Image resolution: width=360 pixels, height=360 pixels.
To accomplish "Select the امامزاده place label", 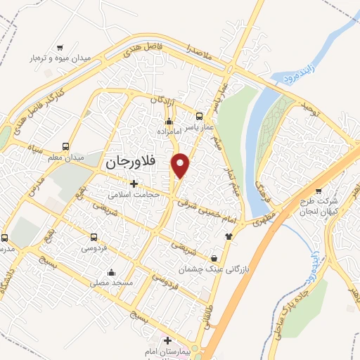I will point(169,131).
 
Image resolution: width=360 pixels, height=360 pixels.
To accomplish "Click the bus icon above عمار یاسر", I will point(199,117).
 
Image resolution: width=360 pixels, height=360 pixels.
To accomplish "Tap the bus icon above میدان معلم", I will point(65,147).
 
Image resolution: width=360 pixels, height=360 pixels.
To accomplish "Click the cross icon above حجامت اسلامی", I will point(134,184).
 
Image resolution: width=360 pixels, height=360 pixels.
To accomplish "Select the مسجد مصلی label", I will point(110,282).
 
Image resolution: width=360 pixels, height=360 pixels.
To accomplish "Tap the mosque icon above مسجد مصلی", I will point(110,273).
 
